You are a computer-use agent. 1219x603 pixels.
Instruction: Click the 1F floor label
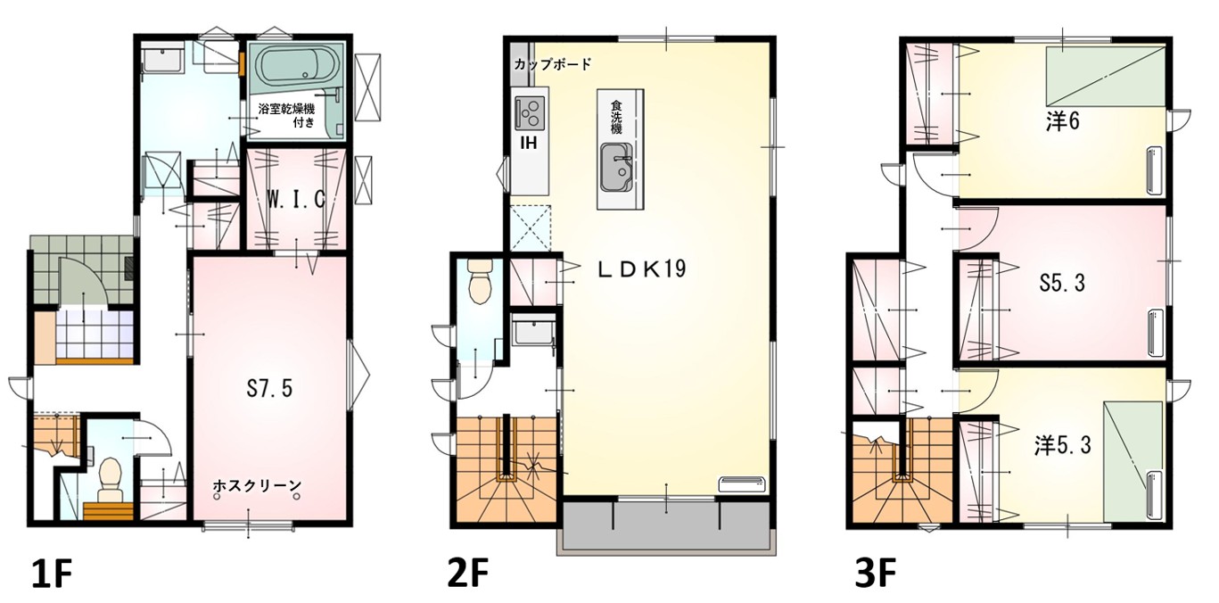pyautogui.click(x=51, y=574)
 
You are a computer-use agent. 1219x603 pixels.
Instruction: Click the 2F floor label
pyautogui.click(x=467, y=574)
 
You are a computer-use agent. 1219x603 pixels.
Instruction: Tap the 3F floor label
pyautogui.click(x=875, y=574)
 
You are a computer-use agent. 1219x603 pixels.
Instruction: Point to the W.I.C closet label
pyautogui.click(x=296, y=199)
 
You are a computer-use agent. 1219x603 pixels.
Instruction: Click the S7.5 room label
pyautogui.click(x=269, y=389)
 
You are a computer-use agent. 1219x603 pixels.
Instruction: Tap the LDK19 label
pyautogui.click(x=642, y=268)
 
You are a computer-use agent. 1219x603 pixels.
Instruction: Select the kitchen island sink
pyautogui.click(x=616, y=168)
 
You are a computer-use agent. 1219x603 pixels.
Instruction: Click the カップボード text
pyautogui.click(x=552, y=65)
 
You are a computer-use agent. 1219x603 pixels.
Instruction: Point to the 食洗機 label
pyautogui.click(x=616, y=117)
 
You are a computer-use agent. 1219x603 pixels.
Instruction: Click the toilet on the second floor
pyautogui.click(x=480, y=282)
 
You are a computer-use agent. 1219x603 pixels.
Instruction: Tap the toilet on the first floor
pyautogui.click(x=111, y=479)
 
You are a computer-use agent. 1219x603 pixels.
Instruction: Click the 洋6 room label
pyautogui.click(x=1062, y=122)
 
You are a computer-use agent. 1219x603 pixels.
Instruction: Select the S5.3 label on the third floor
pyautogui.click(x=1062, y=283)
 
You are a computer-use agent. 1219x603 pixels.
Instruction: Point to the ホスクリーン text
pyautogui.click(x=257, y=484)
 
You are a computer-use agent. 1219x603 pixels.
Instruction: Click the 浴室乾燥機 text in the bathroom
pyautogui.click(x=286, y=109)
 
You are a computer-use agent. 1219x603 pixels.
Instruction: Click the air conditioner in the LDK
pyautogui.click(x=742, y=483)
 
